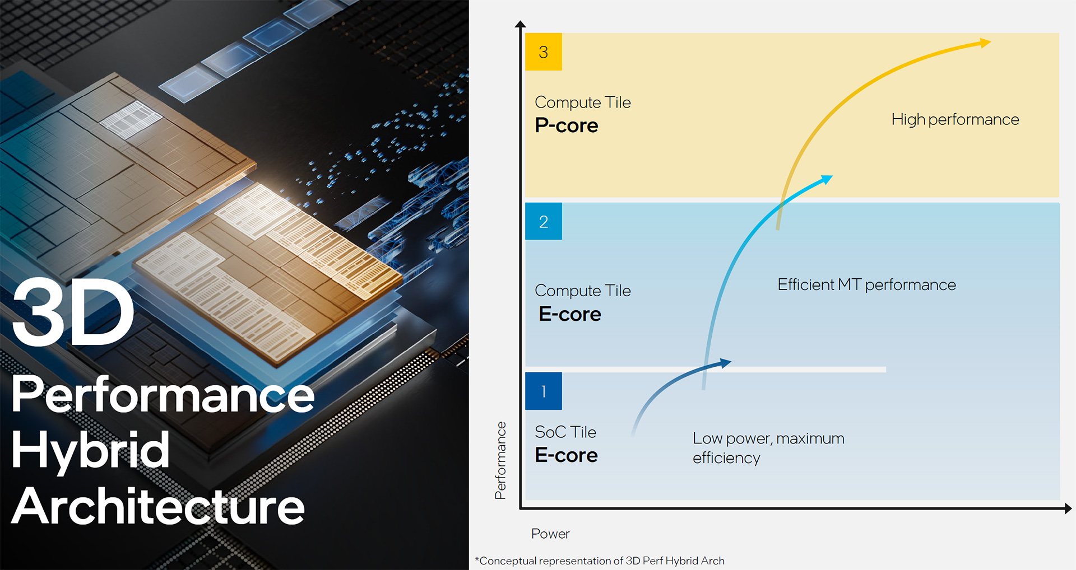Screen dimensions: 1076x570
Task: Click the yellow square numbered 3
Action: [543, 52]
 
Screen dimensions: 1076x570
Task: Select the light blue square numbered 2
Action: [543, 221]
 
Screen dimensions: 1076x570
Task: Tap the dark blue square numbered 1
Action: [543, 391]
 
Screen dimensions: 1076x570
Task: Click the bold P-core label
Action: [567, 125]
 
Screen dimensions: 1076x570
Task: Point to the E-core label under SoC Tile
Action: [566, 455]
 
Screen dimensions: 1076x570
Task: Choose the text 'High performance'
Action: [955, 119]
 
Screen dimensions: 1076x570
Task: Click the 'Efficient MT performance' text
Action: [866, 284]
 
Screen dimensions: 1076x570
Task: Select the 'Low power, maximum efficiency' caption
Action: [768, 448]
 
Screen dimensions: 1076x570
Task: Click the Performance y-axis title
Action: [500, 460]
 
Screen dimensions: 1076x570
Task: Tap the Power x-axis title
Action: [550, 534]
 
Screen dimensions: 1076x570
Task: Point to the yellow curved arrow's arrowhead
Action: [985, 43]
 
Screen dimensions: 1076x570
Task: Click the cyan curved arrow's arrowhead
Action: [827, 179]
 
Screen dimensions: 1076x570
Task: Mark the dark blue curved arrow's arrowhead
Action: [726, 363]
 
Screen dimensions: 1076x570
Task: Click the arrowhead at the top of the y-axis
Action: [520, 24]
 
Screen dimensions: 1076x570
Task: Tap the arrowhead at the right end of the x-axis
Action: [1068, 508]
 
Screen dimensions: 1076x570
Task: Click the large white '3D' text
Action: [73, 312]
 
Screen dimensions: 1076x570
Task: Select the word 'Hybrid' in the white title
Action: [90, 450]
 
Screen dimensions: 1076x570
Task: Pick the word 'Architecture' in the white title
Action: [158, 506]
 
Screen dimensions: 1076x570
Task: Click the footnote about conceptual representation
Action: [600, 560]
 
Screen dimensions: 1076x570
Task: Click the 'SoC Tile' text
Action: [565, 432]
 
